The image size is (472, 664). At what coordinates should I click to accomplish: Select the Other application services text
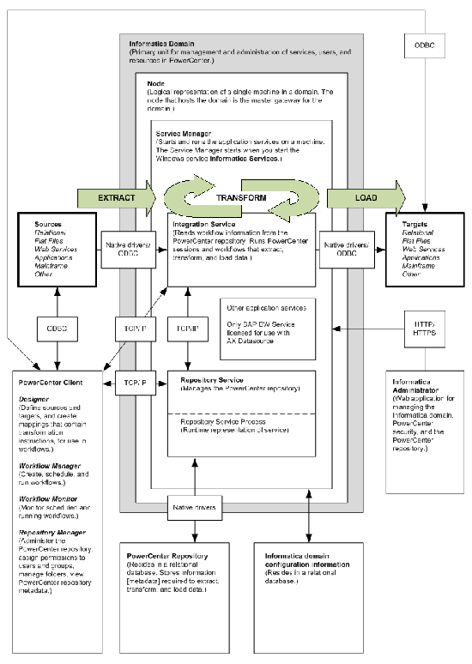[264, 306]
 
